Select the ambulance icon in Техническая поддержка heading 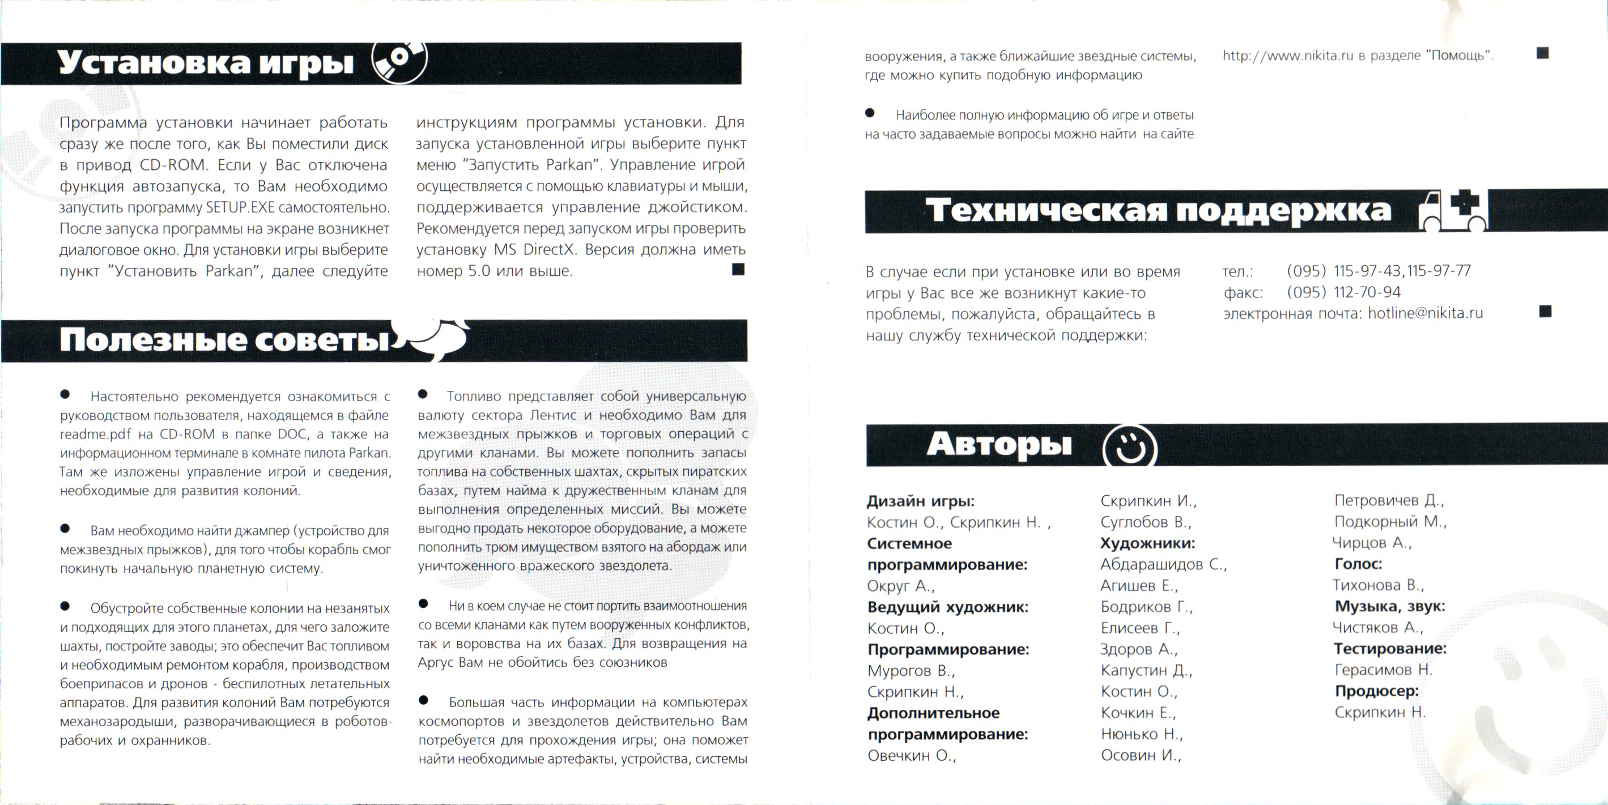point(1453,210)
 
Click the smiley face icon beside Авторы point(1129,446)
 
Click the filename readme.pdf point(96,435)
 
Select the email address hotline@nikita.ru point(1425,313)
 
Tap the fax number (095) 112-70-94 point(1343,292)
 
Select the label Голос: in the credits point(1358,564)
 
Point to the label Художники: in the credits point(1147,543)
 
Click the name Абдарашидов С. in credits point(1163,564)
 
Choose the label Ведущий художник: point(947,607)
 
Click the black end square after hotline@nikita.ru point(1545,312)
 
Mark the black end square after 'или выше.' point(738,270)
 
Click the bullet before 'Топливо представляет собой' point(423,394)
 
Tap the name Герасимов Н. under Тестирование point(1382,670)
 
